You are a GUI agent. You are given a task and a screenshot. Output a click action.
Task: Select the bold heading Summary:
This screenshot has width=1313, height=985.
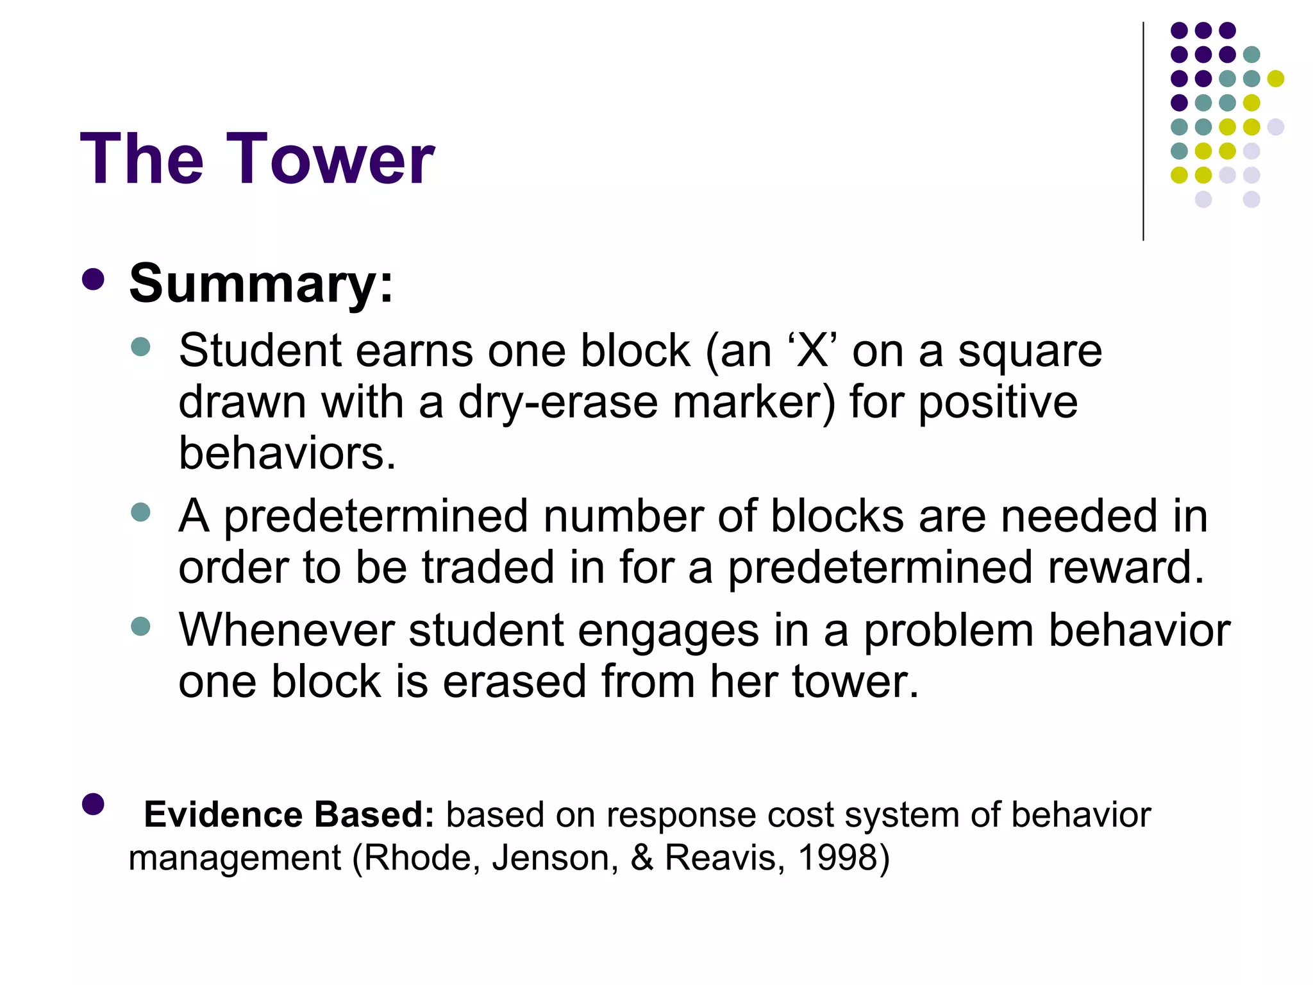tap(261, 283)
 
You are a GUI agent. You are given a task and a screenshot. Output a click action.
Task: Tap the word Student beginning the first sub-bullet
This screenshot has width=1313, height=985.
tap(260, 351)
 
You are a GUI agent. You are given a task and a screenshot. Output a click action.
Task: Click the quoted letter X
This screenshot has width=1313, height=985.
tap(812, 352)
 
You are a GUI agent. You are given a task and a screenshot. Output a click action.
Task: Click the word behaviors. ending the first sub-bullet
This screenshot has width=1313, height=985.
tap(287, 453)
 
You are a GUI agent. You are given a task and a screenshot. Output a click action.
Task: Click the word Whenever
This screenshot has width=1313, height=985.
tap(286, 630)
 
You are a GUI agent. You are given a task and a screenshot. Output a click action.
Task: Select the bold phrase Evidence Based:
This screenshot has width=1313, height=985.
tap(289, 814)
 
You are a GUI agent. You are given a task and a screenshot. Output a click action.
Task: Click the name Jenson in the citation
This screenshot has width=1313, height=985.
tap(555, 858)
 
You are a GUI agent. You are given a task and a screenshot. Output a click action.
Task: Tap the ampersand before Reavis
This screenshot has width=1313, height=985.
tap(642, 858)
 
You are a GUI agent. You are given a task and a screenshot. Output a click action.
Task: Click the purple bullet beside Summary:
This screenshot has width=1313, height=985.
tap(94, 280)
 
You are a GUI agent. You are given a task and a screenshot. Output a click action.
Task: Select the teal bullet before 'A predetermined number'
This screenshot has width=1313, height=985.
tap(140, 512)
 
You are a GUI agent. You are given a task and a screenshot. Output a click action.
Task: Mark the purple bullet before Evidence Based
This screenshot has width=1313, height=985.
tap(94, 804)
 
